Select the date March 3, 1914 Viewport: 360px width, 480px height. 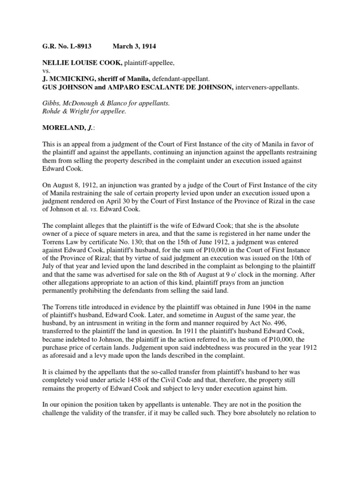click(x=135, y=47)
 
